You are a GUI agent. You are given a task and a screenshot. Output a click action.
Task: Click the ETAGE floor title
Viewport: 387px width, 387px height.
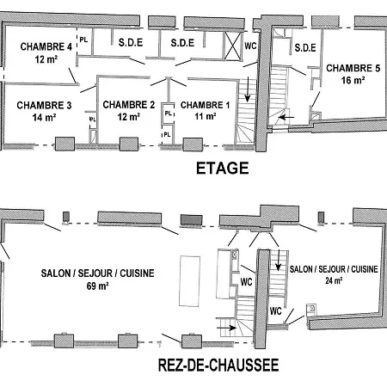tap(222, 168)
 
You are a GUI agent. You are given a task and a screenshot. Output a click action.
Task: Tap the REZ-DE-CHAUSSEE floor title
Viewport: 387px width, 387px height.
tap(218, 365)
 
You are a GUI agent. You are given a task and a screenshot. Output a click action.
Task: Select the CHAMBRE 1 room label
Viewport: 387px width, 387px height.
tap(206, 105)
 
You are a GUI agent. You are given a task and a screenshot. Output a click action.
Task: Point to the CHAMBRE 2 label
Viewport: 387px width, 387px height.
tap(129, 105)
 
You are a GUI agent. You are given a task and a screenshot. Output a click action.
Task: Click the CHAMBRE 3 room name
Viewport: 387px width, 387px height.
tap(44, 105)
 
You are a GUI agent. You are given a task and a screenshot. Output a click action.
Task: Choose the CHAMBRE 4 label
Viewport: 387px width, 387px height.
tap(46, 46)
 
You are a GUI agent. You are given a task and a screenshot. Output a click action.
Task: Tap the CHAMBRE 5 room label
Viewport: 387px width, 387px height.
tap(353, 68)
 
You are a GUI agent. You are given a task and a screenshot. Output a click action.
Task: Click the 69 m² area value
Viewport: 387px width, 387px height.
tap(97, 286)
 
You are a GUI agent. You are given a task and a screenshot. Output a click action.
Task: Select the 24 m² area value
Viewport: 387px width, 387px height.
tap(334, 280)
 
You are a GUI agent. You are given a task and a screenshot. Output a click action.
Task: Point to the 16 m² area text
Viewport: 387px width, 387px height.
tap(353, 80)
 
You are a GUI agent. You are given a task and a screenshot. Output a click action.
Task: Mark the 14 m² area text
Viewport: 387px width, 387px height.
tap(44, 117)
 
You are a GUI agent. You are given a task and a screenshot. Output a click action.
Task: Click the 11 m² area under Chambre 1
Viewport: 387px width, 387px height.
tap(206, 116)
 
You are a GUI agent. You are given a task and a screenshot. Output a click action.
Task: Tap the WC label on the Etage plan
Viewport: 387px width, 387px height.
tap(250, 46)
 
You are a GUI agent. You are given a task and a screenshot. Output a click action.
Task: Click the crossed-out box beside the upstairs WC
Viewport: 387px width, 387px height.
tap(232, 46)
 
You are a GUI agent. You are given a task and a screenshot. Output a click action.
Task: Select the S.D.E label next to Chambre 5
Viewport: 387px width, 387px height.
tap(305, 47)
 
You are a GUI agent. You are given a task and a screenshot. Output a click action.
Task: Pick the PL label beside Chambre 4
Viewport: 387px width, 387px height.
tap(83, 40)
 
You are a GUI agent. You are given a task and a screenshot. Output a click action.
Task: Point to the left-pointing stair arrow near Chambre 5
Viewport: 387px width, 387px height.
tap(286, 117)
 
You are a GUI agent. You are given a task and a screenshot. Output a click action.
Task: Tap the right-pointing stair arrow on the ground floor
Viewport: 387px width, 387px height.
tap(226, 328)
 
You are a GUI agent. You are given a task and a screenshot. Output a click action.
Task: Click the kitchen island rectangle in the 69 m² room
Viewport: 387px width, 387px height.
tap(189, 281)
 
